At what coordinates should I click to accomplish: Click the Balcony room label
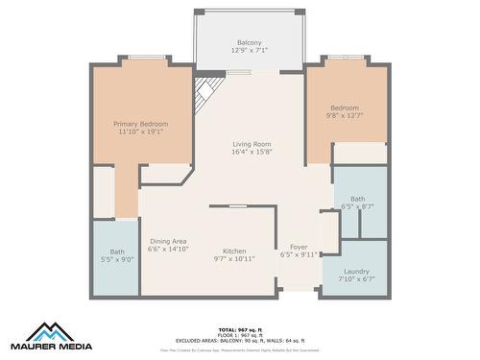click(249, 43)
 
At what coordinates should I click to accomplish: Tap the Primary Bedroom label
click(140, 124)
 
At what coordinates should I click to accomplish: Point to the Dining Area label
click(167, 241)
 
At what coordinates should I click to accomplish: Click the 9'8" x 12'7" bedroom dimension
click(345, 116)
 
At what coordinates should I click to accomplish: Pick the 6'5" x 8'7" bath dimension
click(357, 207)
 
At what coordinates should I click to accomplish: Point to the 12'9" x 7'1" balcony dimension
click(249, 52)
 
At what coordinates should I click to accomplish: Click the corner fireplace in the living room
click(204, 92)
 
